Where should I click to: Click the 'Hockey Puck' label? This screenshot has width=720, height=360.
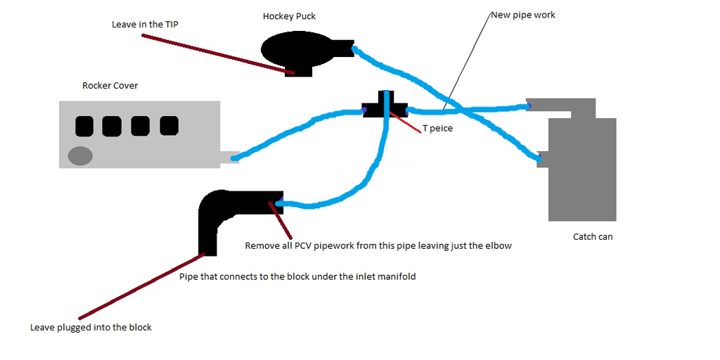[289, 16]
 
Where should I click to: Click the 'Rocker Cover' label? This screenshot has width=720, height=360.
[110, 86]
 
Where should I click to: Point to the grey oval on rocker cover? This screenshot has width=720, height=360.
[80, 155]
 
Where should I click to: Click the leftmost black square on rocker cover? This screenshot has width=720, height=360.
[84, 126]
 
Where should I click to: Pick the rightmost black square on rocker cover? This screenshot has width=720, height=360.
[169, 126]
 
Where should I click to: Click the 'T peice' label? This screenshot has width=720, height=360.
[438, 129]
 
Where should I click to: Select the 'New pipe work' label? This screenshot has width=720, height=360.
[522, 15]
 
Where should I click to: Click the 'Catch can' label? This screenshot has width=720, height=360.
[593, 237]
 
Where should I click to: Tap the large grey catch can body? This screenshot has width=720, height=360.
[582, 169]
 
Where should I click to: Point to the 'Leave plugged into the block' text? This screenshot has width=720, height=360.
[91, 327]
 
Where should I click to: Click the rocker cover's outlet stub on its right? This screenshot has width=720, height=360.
[229, 157]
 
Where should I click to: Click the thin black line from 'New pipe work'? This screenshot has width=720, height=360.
[468, 60]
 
